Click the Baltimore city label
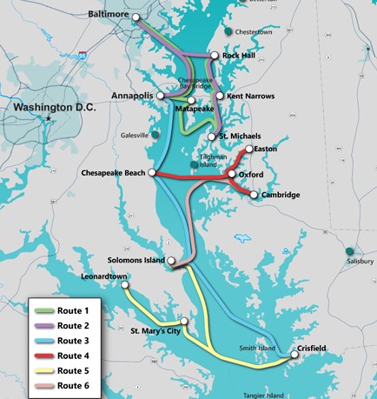point(114,15)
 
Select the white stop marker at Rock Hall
point(215,56)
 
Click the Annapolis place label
point(132,95)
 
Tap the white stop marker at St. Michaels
point(212,136)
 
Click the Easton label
point(267,150)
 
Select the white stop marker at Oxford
point(231,175)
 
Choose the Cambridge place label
point(281,195)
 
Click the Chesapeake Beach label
point(113,173)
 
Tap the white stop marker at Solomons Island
point(173,260)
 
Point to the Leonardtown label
point(104,276)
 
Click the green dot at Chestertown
point(228,32)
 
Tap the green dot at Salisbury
point(349,251)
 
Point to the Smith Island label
point(259,349)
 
